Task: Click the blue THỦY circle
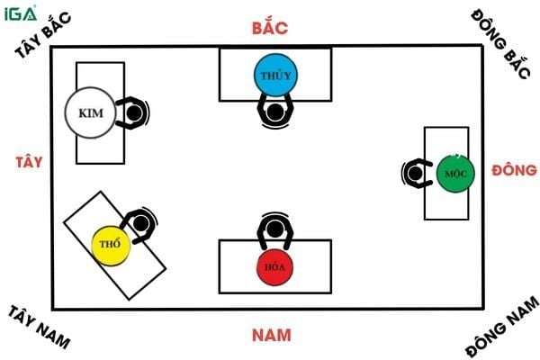[274, 75]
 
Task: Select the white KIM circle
[88, 112]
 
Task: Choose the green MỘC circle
[454, 171]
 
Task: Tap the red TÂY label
[30, 163]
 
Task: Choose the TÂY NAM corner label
[40, 326]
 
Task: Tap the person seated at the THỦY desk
[274, 110]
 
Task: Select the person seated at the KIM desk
[133, 112]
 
